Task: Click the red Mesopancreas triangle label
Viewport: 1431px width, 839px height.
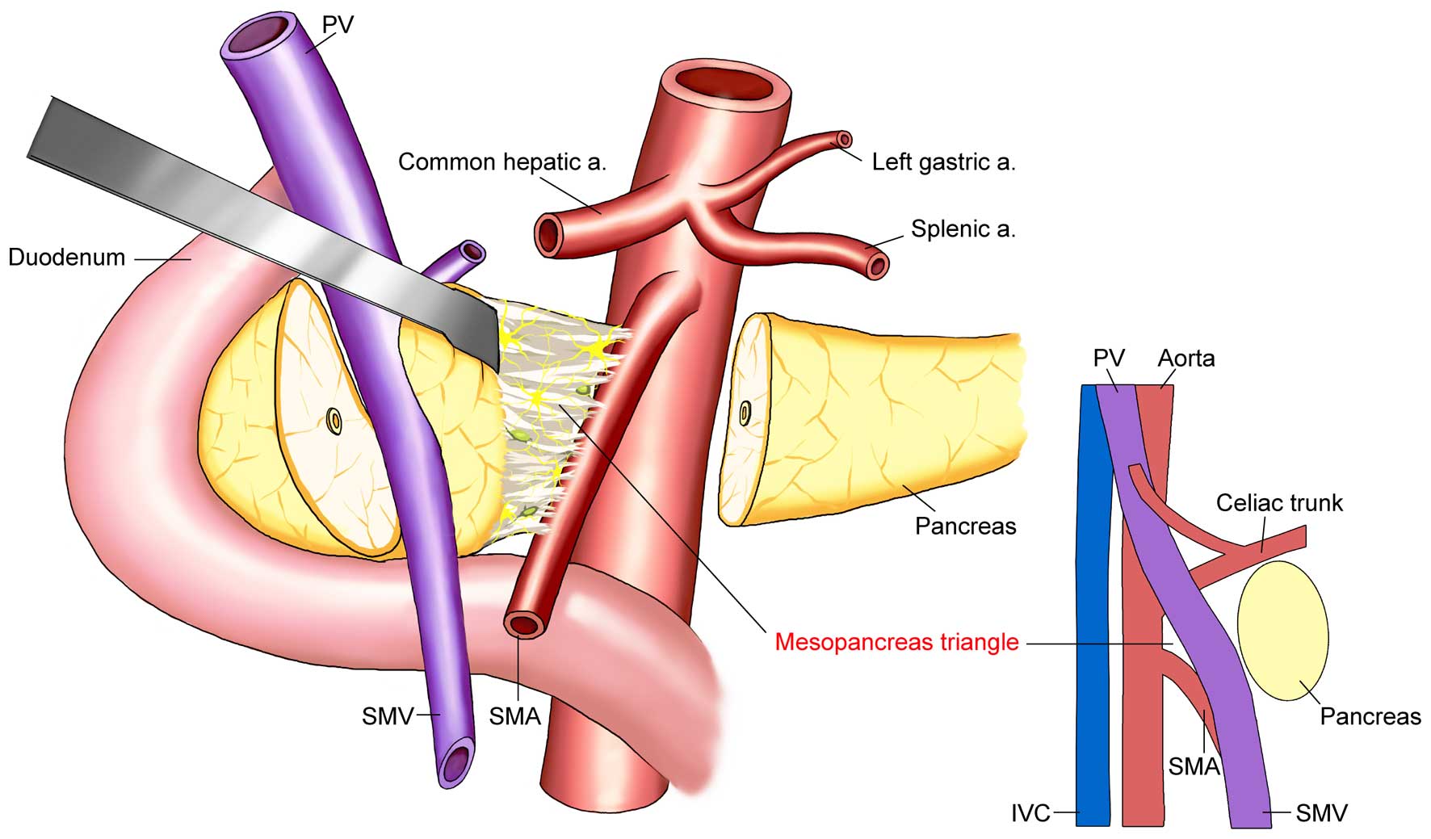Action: tap(896, 643)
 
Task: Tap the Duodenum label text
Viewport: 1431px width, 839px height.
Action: tap(67, 258)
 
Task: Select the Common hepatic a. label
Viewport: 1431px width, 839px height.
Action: tap(501, 162)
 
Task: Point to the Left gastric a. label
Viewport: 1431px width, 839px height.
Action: tap(943, 162)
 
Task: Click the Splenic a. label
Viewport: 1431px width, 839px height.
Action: tap(963, 229)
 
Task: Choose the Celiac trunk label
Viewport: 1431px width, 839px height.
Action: tap(1279, 503)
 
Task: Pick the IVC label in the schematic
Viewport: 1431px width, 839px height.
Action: tap(1030, 812)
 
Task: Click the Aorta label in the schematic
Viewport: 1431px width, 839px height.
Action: tap(1186, 358)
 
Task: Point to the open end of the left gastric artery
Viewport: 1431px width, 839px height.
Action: tap(845, 139)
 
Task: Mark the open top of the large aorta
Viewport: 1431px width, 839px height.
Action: tap(724, 86)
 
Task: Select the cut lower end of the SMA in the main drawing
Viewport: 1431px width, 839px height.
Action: tap(524, 624)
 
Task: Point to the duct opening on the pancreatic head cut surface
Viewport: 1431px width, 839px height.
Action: tap(334, 420)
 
